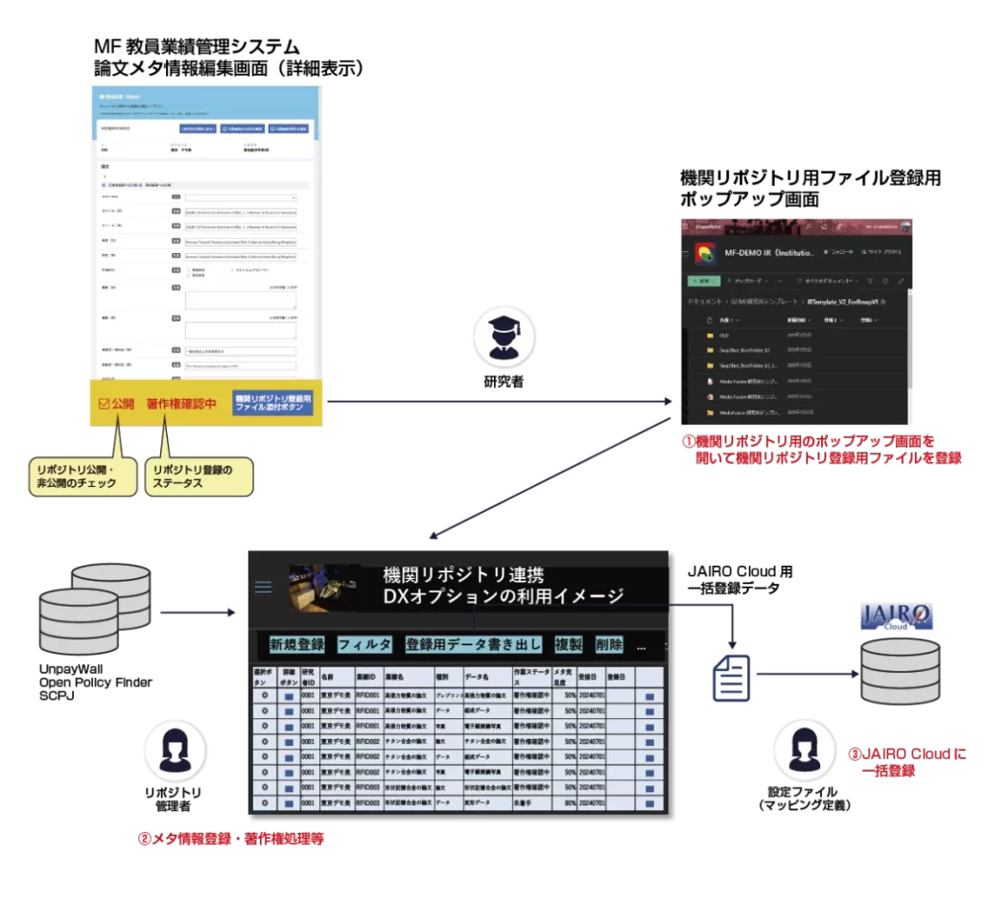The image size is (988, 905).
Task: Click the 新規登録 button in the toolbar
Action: click(296, 645)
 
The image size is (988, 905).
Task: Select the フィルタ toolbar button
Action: click(365, 645)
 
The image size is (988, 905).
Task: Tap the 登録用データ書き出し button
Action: click(474, 645)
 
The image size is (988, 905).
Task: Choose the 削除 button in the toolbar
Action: click(609, 645)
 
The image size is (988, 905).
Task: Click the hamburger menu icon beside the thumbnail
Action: click(263, 587)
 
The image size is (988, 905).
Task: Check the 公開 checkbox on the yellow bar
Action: click(106, 404)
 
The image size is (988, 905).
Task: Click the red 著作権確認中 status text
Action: click(181, 404)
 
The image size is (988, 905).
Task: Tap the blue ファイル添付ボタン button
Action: click(272, 404)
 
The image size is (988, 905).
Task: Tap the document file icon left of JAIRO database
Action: click(730, 678)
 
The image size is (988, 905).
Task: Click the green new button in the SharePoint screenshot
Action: click(702, 282)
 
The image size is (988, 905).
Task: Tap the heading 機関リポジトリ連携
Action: click(463, 575)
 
